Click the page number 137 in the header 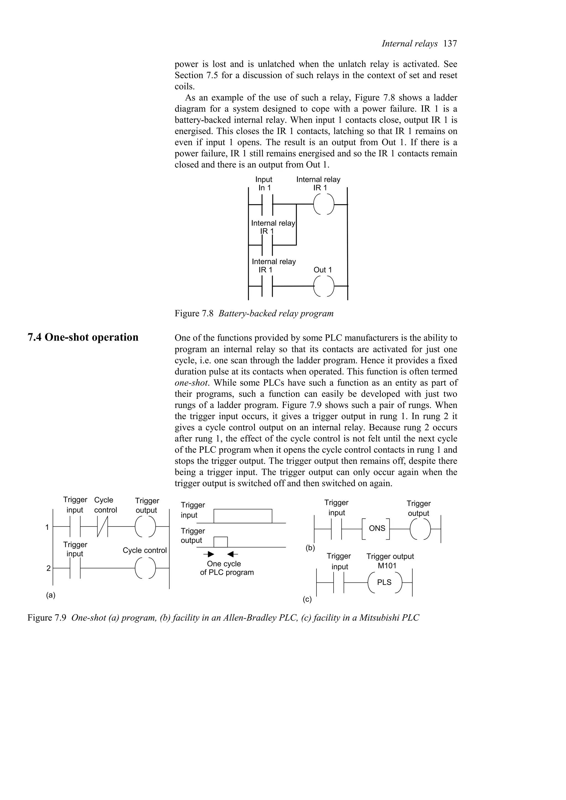point(450,44)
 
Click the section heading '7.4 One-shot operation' point(83,337)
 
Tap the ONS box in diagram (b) point(377,529)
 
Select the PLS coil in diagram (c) point(385,582)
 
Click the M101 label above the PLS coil point(387,566)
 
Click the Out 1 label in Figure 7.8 point(323,270)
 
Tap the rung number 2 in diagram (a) point(48,568)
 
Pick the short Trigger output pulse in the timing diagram point(220,542)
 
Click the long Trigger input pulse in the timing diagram point(243,516)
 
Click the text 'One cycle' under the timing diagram point(224,564)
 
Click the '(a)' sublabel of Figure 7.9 point(51,595)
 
